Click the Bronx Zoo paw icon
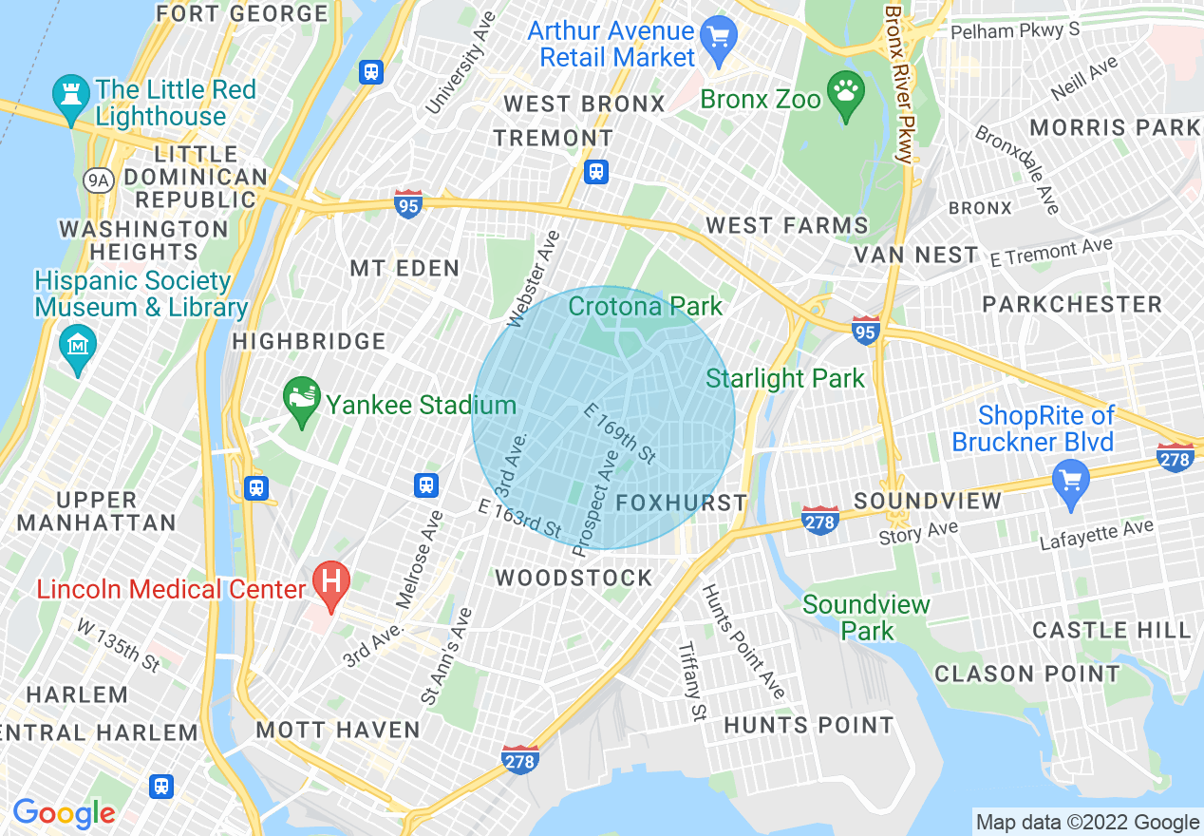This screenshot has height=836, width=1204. (844, 93)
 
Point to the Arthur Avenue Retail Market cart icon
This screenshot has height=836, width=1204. (719, 39)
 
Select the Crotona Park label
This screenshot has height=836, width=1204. (645, 306)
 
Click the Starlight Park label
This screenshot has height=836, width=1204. (785, 378)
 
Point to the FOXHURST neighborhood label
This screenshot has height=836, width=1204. (682, 503)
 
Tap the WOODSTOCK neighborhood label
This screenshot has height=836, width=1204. (574, 578)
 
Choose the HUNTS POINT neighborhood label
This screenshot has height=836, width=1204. (808, 725)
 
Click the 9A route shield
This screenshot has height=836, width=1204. (97, 180)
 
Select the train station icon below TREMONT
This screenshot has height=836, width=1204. (595, 172)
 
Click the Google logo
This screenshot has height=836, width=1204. (64, 813)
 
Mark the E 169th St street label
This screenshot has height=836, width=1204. (620, 434)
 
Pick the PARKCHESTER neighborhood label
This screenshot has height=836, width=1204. (1072, 304)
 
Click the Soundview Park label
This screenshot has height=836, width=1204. (866, 617)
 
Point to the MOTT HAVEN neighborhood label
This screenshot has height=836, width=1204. (338, 730)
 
